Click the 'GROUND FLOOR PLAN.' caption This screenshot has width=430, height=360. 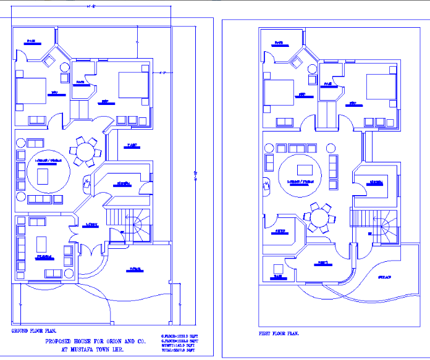pyautogui.click(x=30, y=331)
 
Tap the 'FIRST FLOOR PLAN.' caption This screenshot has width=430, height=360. pyautogui.click(x=279, y=333)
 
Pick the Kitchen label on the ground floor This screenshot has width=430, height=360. pyautogui.click(x=123, y=184)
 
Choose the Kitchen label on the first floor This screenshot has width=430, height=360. pyautogui.click(x=374, y=182)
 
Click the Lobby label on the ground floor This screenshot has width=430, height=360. pyautogui.click(x=91, y=225)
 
